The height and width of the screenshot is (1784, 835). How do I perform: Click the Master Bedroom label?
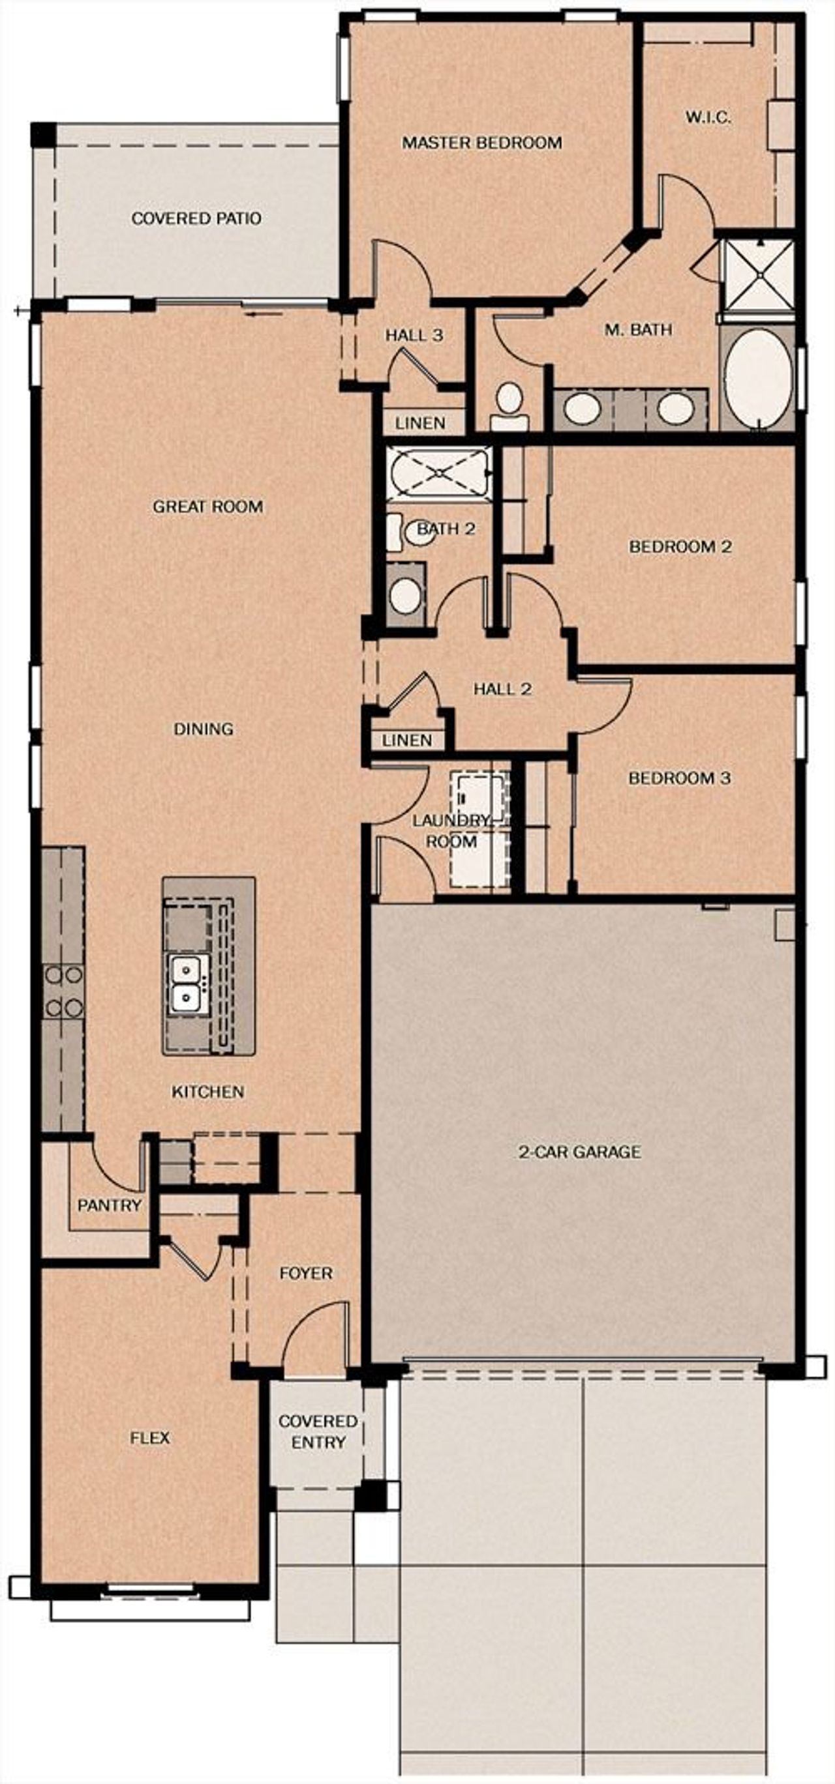(x=481, y=143)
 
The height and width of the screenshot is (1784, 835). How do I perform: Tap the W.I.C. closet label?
(x=708, y=117)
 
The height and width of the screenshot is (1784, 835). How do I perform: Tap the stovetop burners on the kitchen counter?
(x=63, y=993)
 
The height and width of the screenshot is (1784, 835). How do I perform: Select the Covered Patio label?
(x=196, y=218)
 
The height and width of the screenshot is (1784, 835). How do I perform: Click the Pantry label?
(x=110, y=1206)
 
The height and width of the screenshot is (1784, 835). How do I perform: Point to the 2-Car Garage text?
(x=579, y=1152)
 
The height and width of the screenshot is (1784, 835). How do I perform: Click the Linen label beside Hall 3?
(x=420, y=422)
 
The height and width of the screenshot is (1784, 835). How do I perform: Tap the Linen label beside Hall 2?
(x=407, y=740)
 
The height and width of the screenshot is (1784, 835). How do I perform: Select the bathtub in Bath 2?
(x=438, y=473)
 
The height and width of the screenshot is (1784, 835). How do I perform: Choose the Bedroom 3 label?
(x=679, y=778)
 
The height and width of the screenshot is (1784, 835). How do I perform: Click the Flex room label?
(x=149, y=1438)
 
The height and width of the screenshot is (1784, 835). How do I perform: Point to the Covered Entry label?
(x=318, y=1431)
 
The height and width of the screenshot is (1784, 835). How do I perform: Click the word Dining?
(x=203, y=729)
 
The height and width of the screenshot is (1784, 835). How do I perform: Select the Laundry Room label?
(x=451, y=831)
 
